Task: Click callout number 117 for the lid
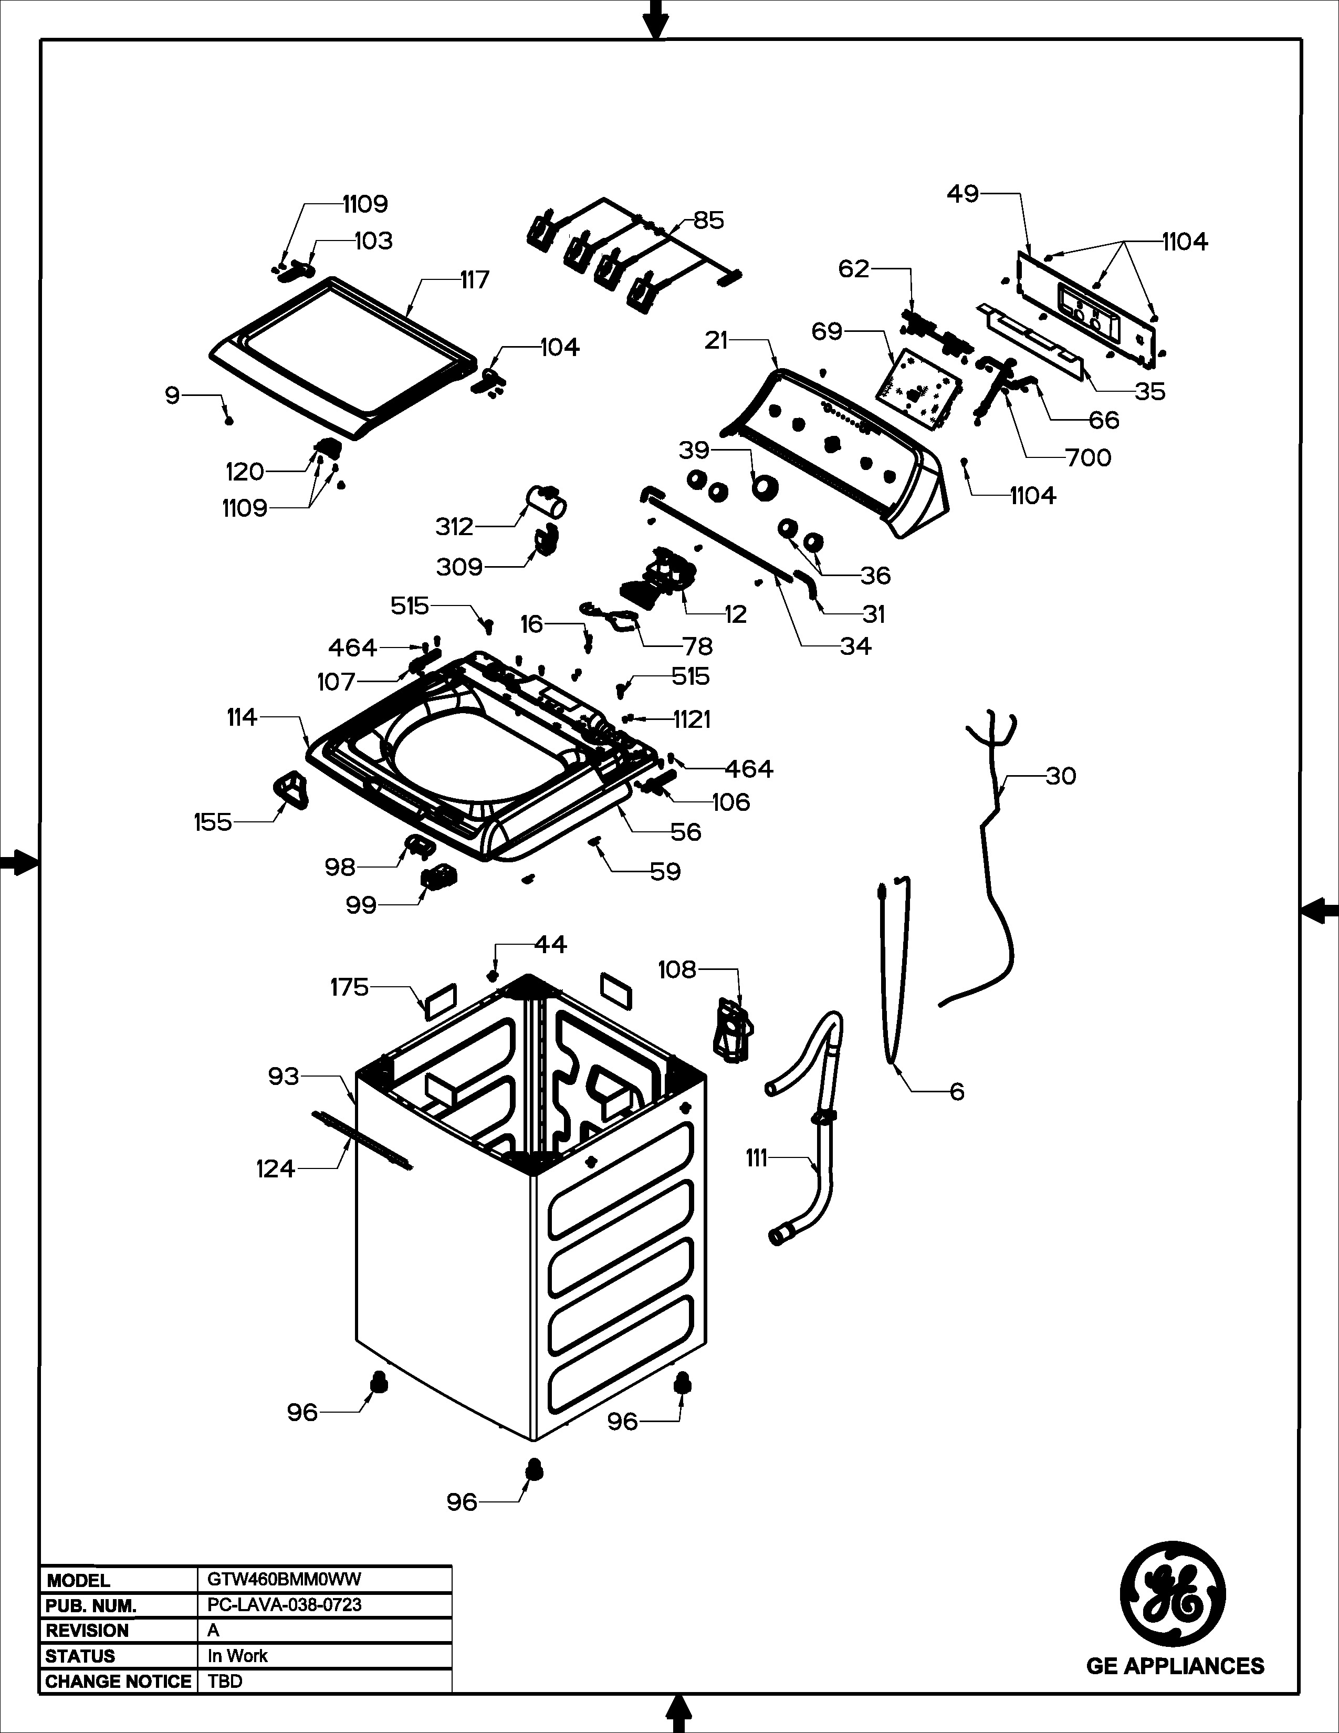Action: [x=474, y=280]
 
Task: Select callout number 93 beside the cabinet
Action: [x=283, y=1077]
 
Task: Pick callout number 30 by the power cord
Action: [x=1061, y=776]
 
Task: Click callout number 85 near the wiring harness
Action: [x=708, y=221]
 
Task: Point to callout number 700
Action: [x=1089, y=458]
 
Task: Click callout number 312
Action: [x=454, y=527]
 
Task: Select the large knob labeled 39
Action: [x=765, y=488]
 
